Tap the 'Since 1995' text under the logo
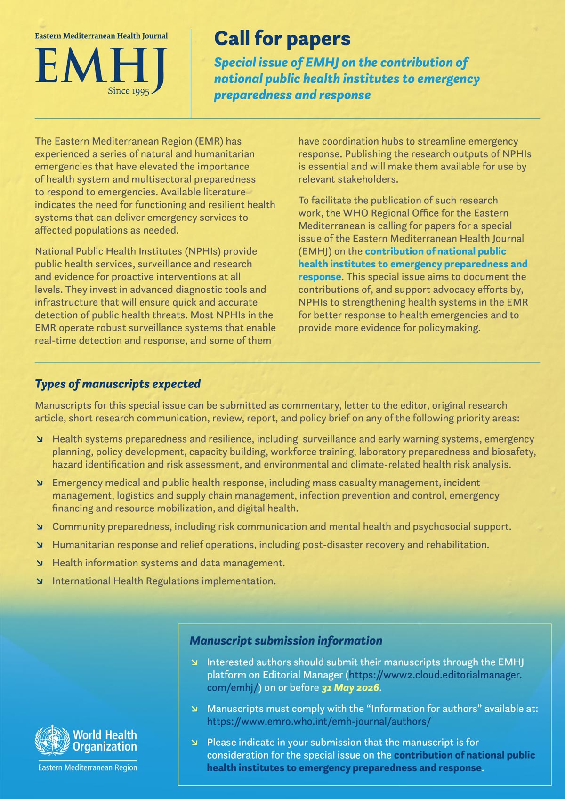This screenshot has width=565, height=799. [x=128, y=91]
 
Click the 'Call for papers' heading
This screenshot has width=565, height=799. [x=282, y=39]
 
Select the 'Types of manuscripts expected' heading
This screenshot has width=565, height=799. [x=118, y=384]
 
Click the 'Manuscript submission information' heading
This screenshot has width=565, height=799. [x=286, y=640]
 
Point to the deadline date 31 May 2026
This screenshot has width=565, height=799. [x=350, y=687]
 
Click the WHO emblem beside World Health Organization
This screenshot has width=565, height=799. [x=52, y=741]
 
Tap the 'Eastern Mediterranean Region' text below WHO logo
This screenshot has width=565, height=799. [x=88, y=767]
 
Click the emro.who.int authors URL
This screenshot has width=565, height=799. [x=319, y=721]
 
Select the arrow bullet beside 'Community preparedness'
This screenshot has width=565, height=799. [x=40, y=527]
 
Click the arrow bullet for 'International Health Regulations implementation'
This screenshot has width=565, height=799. [x=40, y=581]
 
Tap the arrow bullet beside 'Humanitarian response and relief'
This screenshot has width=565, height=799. [x=40, y=545]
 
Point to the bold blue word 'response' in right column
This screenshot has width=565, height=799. [x=319, y=277]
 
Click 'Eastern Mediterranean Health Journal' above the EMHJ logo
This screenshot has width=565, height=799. [x=101, y=36]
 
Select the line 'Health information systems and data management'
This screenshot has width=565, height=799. [x=168, y=563]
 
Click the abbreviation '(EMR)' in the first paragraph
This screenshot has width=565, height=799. [x=208, y=141]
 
